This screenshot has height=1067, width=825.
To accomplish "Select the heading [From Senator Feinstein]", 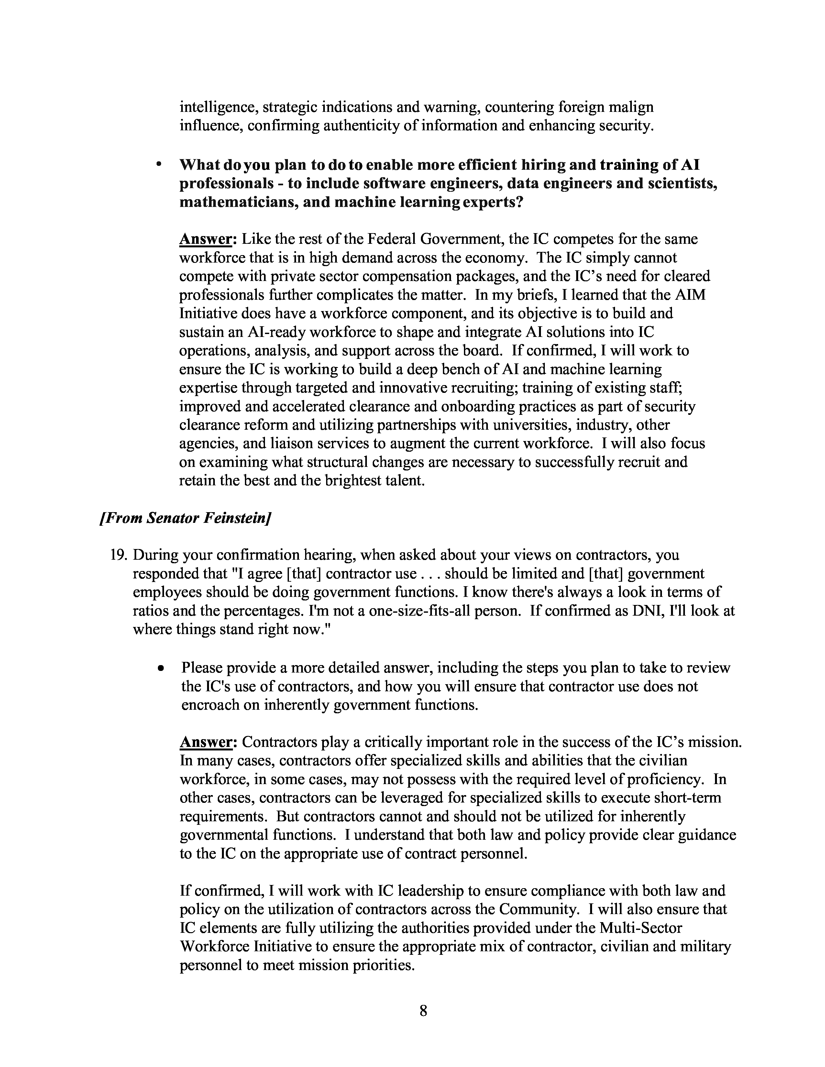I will [185, 518].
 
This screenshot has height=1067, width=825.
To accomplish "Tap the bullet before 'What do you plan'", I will [158, 166].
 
